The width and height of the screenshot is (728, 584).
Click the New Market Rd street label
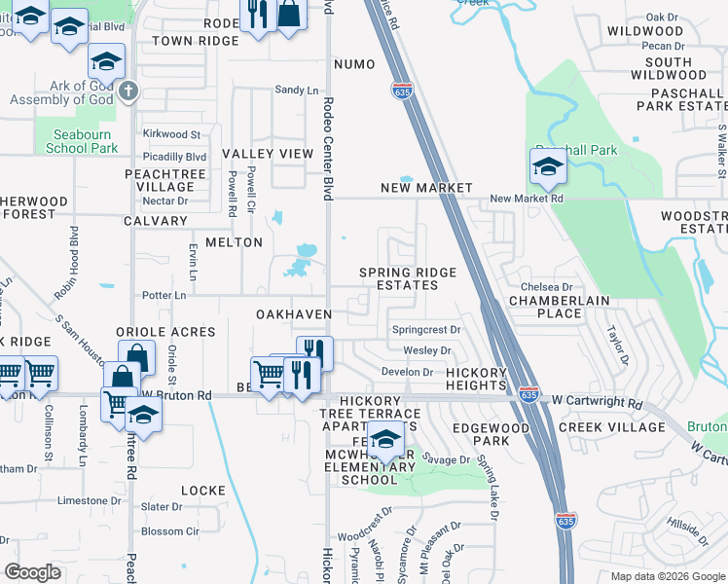coord(527,199)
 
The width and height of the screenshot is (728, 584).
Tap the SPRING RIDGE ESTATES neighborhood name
coord(399,279)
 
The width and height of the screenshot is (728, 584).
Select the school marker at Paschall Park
coord(548,167)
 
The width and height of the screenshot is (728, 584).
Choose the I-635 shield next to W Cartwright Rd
coord(528,396)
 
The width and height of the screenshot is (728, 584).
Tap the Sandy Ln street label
coord(297,91)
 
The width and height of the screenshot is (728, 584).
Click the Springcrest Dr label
coord(426,330)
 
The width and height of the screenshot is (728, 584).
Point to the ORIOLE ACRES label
coord(165,332)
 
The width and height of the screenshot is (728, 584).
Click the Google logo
coord(33,573)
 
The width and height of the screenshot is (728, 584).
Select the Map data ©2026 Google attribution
coord(667,576)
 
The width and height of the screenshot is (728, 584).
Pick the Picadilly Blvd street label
coord(174,156)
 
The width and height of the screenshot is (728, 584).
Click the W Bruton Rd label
coord(177,396)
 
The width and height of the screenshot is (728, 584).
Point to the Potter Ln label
coord(164,295)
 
